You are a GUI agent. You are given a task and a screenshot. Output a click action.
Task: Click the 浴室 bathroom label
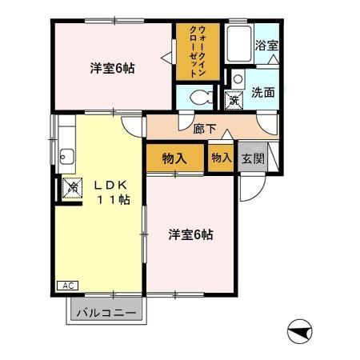click(x=266, y=46)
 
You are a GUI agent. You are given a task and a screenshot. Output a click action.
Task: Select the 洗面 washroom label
click(x=263, y=92)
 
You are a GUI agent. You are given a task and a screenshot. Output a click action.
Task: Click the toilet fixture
click(x=202, y=98)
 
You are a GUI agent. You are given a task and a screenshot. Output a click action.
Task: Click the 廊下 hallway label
click(x=204, y=126)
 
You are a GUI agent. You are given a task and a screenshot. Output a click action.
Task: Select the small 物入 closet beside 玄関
click(x=222, y=158)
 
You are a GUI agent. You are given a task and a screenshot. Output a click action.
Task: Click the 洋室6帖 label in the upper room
click(x=111, y=69)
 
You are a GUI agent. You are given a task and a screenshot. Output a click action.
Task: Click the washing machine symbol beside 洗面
click(x=234, y=102)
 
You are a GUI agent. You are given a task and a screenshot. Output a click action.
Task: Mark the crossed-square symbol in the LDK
click(x=72, y=189)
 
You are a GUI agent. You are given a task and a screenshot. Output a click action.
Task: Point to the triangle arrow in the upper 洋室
click(x=165, y=57)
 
